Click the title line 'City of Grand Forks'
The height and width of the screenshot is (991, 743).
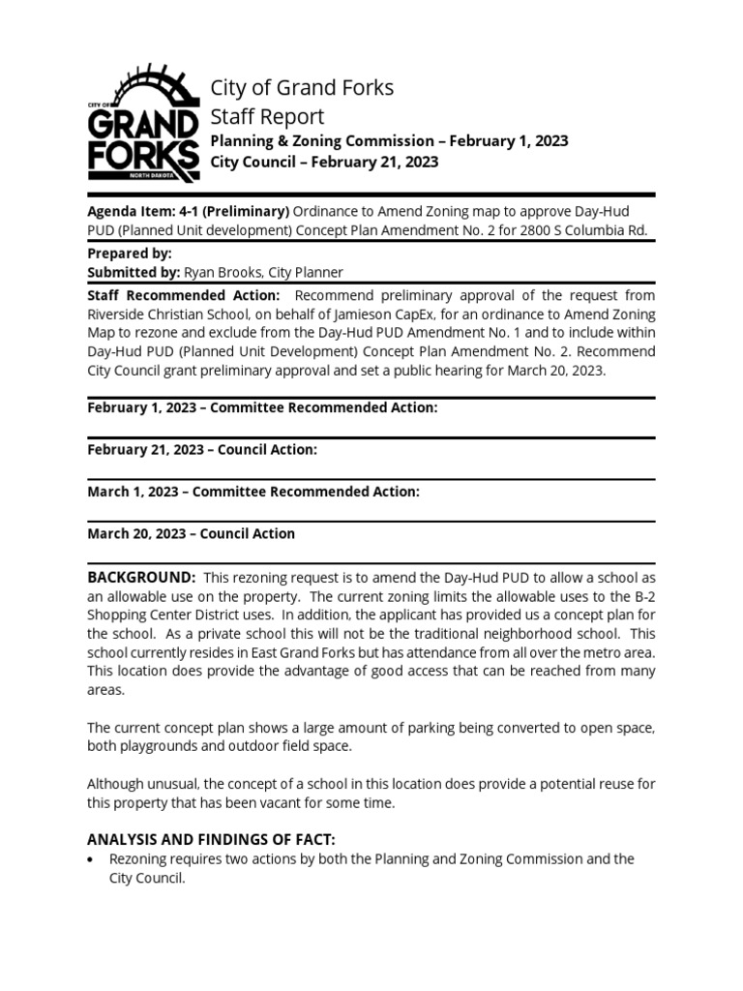(x=302, y=88)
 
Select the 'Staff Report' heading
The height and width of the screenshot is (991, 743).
(x=268, y=117)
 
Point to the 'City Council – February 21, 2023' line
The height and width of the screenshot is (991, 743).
(x=324, y=163)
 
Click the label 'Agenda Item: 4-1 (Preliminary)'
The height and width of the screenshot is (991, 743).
(x=188, y=211)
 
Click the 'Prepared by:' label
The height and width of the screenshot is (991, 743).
(x=130, y=254)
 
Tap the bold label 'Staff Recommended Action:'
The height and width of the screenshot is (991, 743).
(x=184, y=295)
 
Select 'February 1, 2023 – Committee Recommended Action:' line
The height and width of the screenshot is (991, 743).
(x=262, y=408)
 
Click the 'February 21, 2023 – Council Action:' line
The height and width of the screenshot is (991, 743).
(x=201, y=450)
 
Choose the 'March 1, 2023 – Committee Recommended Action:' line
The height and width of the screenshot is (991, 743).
(x=253, y=492)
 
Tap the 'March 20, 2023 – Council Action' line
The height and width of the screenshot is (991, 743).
(x=191, y=533)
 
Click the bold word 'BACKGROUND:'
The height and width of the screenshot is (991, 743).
(x=141, y=577)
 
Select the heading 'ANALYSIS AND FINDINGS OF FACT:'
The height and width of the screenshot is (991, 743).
(x=212, y=839)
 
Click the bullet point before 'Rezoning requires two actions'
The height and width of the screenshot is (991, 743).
(x=91, y=859)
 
